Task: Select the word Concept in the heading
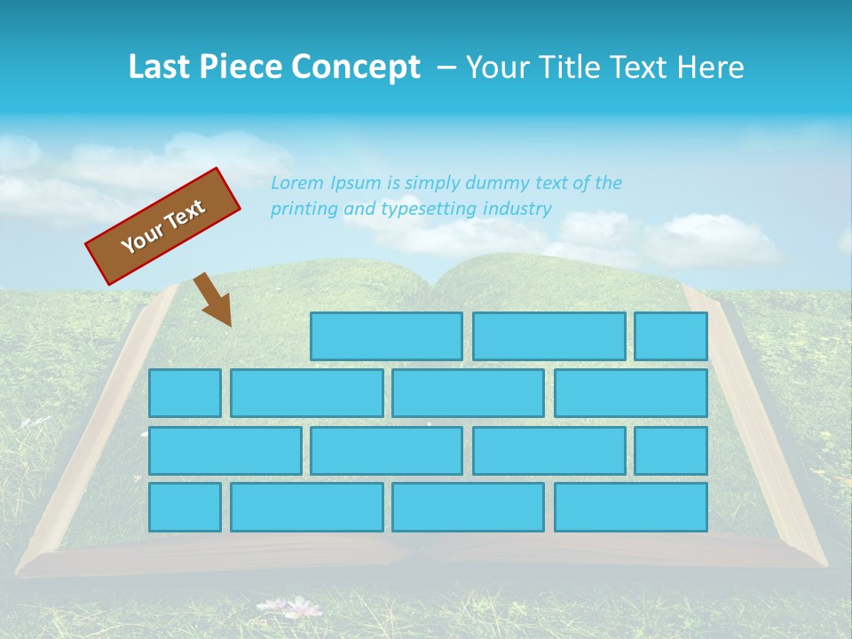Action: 356,67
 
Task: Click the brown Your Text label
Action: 163,226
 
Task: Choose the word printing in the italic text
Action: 304,209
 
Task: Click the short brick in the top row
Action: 671,336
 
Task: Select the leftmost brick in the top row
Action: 386,336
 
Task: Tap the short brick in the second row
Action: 185,393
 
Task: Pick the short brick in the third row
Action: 671,451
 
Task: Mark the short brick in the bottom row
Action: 185,508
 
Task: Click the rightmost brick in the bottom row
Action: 631,508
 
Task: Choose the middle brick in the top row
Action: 548,336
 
